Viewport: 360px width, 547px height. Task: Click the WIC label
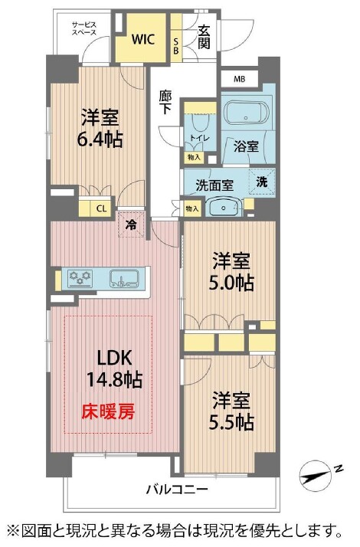143,39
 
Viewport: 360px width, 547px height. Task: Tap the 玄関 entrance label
204,38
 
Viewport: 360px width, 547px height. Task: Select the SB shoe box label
176,46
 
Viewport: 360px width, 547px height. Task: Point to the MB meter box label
239,79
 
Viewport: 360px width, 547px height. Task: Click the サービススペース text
83,28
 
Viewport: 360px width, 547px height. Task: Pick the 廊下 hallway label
165,102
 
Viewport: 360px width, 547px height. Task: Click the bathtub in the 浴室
247,113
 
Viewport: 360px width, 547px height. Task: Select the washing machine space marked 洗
262,182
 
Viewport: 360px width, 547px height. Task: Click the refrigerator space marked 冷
131,224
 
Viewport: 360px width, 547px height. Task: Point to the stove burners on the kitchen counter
81,277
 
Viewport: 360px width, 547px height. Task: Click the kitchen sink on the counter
125,278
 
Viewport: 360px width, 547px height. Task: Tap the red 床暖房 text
108,411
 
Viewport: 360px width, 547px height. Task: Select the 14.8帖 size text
114,379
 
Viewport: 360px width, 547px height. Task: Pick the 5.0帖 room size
231,283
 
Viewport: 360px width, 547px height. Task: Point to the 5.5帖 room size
231,422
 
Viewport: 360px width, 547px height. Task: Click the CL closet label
101,209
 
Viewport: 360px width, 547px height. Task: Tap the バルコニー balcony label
177,489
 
